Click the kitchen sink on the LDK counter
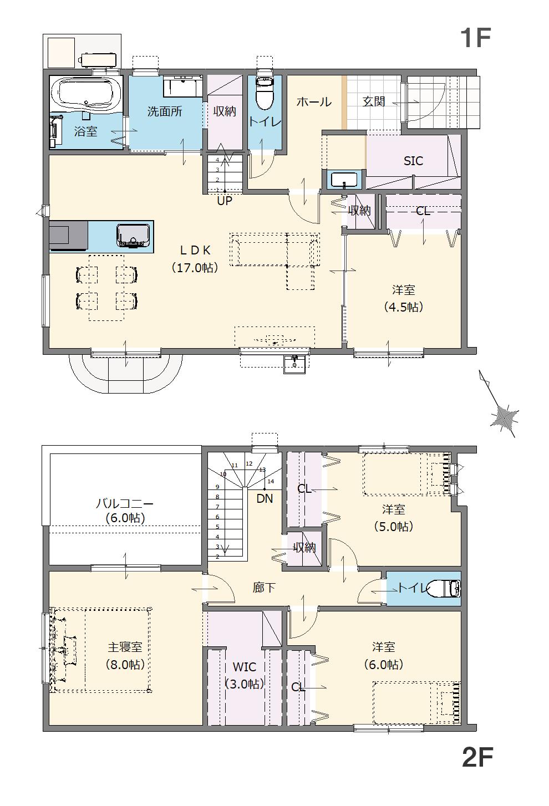[133, 235]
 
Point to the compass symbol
[505, 416]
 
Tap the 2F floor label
[477, 757]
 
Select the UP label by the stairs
[224, 201]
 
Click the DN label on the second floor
[265, 498]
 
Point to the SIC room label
[413, 161]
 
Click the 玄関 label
[374, 102]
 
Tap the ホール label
[314, 102]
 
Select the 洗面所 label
[165, 111]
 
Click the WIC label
[244, 667]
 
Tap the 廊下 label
[264, 588]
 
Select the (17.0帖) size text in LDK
[194, 268]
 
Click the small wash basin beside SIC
[344, 180]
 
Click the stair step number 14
[271, 481]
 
